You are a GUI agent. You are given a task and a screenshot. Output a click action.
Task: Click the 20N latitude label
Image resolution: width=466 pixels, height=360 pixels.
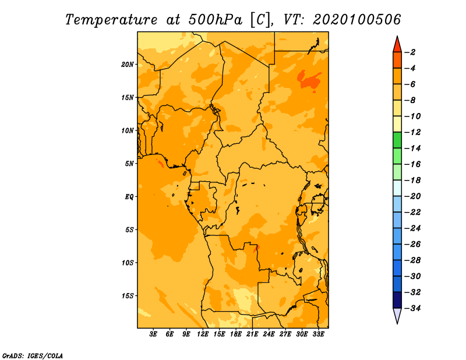pos(128,65)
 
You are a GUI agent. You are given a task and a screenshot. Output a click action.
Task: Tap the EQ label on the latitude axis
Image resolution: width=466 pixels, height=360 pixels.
pos(129,197)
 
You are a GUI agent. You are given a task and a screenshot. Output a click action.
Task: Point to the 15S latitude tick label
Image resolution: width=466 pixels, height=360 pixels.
pos(128,296)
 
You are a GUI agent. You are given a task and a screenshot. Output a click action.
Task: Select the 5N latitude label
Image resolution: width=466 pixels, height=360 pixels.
pos(129,164)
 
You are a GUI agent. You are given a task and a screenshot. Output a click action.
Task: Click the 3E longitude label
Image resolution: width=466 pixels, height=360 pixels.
pos(153,334)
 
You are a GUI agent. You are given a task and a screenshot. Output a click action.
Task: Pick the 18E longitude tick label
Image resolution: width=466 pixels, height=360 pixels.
pos(236,334)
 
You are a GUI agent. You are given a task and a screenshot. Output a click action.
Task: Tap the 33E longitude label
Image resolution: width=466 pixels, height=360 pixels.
pos(318,334)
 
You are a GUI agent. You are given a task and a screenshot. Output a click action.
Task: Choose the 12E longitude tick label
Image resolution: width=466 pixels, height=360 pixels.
pos(203,334)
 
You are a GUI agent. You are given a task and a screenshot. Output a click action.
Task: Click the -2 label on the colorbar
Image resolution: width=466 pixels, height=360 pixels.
pos(410,52)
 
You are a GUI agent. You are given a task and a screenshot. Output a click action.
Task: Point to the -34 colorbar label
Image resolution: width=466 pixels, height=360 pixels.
pos(413,308)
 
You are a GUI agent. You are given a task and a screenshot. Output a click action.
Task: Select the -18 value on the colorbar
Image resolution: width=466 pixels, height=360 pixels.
pos(413,181)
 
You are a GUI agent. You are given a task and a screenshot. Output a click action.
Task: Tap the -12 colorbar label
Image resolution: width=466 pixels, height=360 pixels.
pos(413,132)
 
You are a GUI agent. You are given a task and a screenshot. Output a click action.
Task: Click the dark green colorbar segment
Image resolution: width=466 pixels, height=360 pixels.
pos(397,140)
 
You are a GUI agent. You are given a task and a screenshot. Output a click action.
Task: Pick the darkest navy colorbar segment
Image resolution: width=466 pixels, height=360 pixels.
pos(397,300)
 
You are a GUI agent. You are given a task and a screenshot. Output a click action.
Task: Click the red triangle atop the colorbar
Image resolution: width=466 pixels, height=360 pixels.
pos(397,45)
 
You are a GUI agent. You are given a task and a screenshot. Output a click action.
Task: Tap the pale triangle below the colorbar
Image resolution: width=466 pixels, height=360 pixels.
pos(397,316)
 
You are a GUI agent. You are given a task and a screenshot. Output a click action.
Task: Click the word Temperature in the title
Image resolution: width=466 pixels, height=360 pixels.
pos(111,20)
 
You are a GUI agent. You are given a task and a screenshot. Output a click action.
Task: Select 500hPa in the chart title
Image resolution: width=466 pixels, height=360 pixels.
pos(216,20)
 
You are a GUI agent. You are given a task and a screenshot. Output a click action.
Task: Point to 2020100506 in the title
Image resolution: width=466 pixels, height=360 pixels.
pos(356,20)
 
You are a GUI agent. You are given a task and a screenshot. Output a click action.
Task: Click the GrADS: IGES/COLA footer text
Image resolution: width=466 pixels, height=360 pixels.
pos(33,355)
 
